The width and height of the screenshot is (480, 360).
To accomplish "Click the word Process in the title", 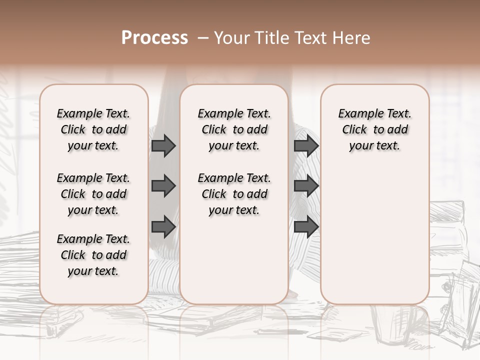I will (154, 38).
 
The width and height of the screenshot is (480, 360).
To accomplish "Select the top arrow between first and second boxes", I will (163, 145).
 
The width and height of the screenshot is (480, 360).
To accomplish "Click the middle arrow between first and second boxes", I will (163, 186).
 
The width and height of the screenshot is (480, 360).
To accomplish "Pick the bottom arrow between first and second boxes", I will (163, 226).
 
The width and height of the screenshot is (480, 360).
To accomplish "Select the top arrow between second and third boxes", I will (306, 145).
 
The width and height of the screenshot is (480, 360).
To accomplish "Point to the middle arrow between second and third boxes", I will (306, 186).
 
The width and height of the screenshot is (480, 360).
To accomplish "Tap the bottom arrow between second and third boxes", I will (306, 226).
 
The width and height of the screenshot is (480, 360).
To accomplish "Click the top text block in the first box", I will (93, 129).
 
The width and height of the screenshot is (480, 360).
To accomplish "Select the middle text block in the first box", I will (93, 194).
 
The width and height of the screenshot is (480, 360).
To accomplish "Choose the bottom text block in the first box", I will (93, 255).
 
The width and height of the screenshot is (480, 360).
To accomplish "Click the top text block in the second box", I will (234, 129).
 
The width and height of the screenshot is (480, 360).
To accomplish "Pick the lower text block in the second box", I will (234, 194).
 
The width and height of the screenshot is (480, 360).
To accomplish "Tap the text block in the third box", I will (375, 129).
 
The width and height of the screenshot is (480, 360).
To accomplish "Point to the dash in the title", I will (202, 38).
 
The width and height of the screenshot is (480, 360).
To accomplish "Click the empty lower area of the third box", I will (375, 235).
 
